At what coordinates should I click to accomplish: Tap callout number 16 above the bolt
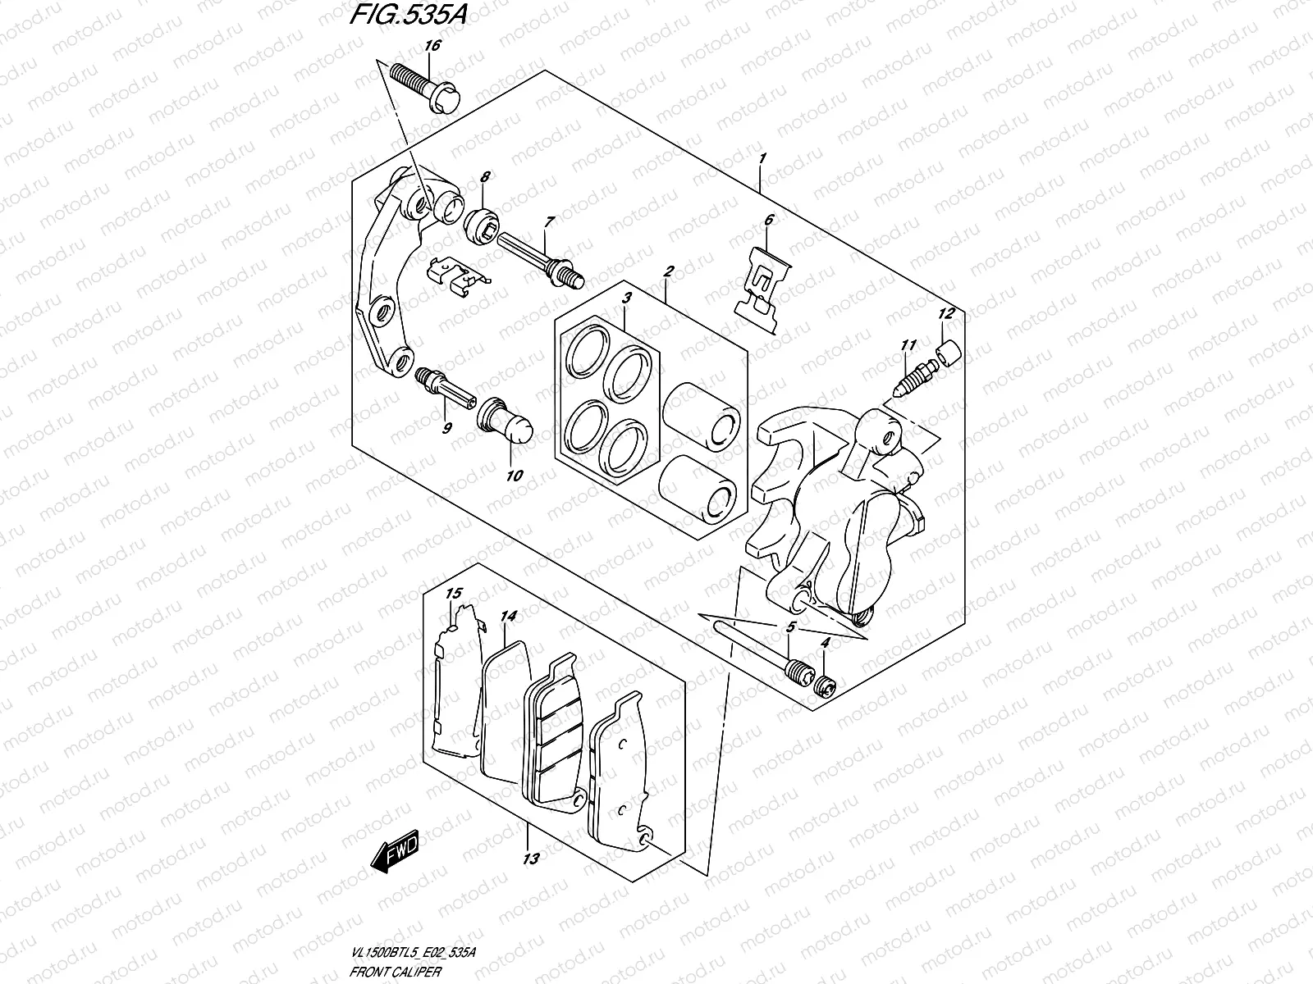tap(432, 46)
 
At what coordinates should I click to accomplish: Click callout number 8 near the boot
tap(485, 176)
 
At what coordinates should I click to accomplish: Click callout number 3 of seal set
tap(626, 299)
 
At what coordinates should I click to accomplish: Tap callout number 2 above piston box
tap(669, 271)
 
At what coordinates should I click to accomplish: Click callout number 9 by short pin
tap(447, 427)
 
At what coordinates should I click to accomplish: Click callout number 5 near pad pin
tap(790, 627)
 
